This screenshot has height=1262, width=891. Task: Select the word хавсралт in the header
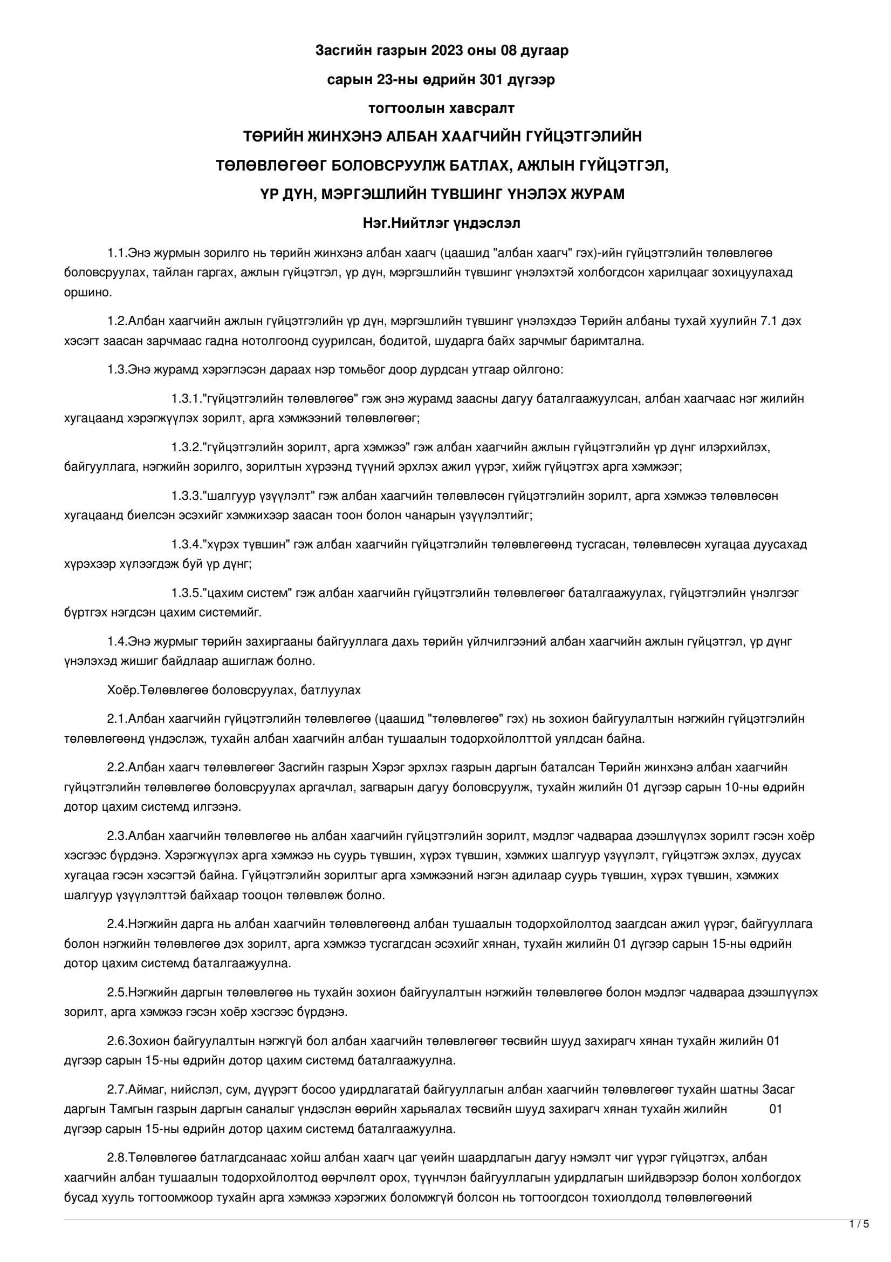(x=482, y=108)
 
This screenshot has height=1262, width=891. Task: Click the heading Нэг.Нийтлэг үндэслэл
(x=441, y=223)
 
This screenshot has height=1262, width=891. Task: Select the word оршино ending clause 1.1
(x=88, y=292)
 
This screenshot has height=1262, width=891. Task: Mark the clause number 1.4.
(x=117, y=641)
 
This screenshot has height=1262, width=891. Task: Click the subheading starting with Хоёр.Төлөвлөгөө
(x=234, y=690)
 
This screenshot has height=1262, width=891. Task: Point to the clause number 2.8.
(x=117, y=1157)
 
